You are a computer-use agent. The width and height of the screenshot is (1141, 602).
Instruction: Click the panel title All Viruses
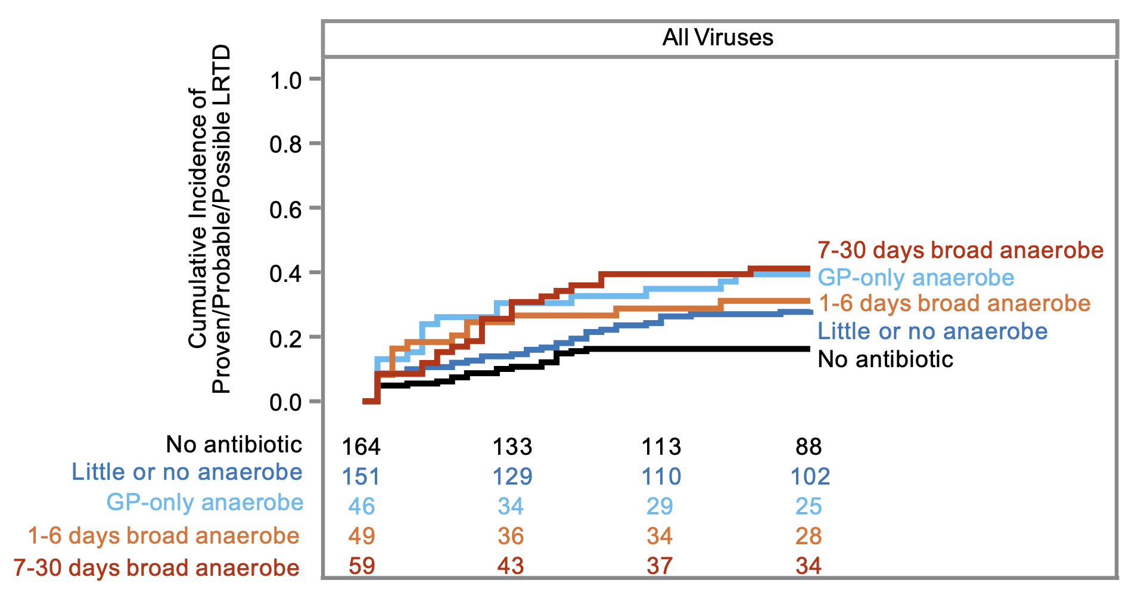point(717,38)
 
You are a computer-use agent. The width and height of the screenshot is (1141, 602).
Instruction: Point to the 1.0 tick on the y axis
point(285,80)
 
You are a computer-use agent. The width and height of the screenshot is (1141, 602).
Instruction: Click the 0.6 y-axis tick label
point(285,209)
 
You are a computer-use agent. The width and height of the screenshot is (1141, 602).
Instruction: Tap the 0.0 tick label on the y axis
point(285,402)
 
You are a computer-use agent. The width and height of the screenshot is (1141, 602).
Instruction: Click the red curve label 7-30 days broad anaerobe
point(960,250)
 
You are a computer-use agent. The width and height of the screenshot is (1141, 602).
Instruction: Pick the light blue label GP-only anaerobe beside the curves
point(915,278)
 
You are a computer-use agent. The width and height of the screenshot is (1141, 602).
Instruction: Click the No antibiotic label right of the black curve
point(885,359)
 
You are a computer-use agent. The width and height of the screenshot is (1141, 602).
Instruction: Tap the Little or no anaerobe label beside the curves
point(932,331)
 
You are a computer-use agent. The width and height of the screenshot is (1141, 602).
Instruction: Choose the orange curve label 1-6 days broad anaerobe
point(954,303)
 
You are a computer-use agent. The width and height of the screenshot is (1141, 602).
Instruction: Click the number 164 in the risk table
point(361,446)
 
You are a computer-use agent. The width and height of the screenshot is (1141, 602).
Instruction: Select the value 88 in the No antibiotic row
point(808,446)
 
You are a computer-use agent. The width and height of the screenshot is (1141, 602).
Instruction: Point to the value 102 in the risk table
point(809,476)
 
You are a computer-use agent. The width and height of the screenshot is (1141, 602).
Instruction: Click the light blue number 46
point(361,506)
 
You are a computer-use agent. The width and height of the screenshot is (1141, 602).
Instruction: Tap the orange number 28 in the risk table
point(808,536)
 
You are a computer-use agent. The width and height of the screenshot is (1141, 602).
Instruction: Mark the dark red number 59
point(361,566)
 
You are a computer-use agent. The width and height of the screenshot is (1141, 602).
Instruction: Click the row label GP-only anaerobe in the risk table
point(204,502)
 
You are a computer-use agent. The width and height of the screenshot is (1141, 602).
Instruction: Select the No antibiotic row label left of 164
point(234,445)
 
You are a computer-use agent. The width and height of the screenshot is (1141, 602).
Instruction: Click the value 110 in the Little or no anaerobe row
point(660,476)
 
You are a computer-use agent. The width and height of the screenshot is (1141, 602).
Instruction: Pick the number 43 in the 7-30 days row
point(511,566)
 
